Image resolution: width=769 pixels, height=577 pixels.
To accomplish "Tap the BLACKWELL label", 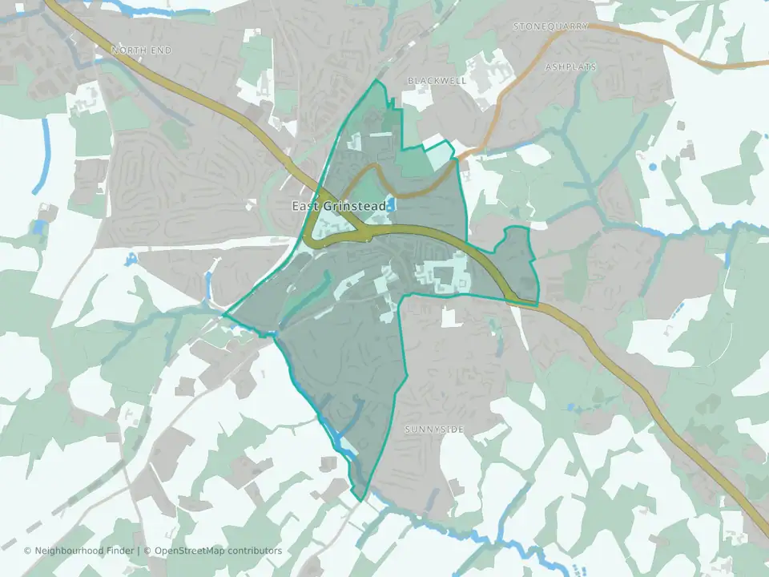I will [x=437, y=81].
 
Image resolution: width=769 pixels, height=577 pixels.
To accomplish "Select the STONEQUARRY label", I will [x=550, y=26].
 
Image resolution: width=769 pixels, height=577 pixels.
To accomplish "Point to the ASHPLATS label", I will [x=570, y=67].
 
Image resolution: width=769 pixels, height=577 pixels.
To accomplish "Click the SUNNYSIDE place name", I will [x=434, y=430].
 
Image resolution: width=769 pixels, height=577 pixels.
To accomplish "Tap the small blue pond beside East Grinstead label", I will [x=391, y=204].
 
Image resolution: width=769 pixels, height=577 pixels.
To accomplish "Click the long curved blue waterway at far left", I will [x=40, y=156].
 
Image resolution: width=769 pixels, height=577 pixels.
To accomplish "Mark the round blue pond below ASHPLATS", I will [x=653, y=167].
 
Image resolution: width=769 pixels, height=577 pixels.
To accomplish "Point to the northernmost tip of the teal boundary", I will [x=376, y=81].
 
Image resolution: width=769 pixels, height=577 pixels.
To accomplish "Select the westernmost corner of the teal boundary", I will [x=223, y=315].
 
